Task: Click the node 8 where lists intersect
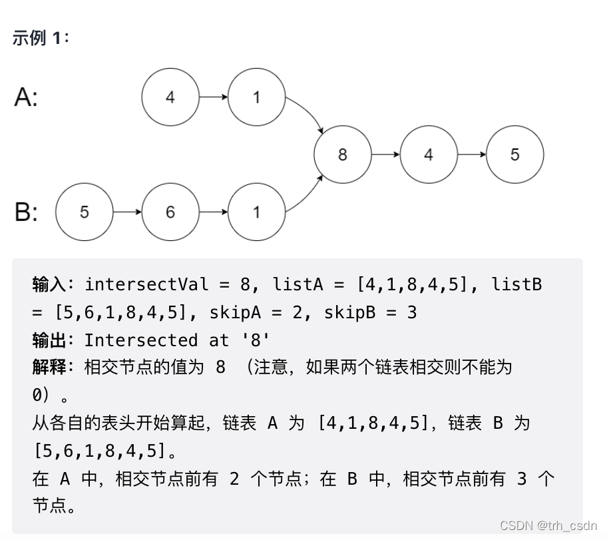[x=342, y=154]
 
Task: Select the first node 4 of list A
[x=170, y=97]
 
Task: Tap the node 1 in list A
[x=256, y=97]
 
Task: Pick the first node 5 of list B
[x=84, y=212]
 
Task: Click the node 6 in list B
[x=170, y=212]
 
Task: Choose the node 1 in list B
[x=256, y=212]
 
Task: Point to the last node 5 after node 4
[x=514, y=154]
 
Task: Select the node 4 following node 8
[x=428, y=154]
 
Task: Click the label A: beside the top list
[x=27, y=98]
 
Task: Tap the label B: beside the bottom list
[x=27, y=212]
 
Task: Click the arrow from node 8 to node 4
[x=385, y=154]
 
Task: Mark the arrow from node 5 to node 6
[x=127, y=212]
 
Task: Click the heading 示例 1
[x=41, y=38]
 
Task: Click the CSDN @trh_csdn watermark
[x=548, y=525]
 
